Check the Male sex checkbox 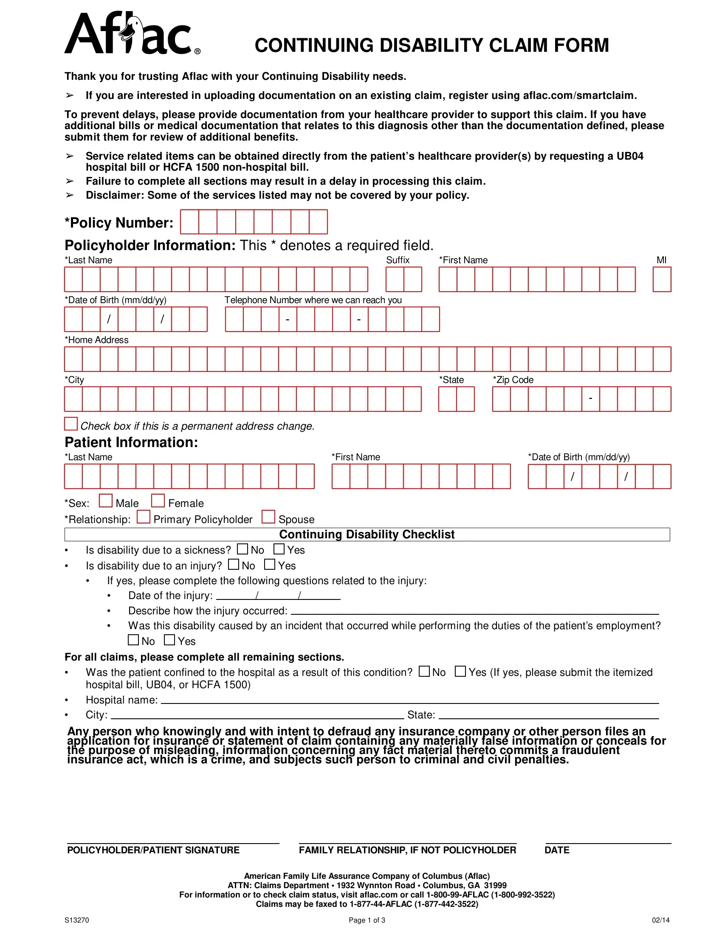[105, 501]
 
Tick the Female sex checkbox [158, 501]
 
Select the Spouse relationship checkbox [268, 517]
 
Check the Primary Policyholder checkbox [143, 517]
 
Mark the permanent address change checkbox [71, 424]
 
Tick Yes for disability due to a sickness [279, 549]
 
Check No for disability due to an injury [233, 565]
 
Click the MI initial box [662, 279]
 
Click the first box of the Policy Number [189, 222]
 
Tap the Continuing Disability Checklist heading [367, 535]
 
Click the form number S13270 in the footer [76, 920]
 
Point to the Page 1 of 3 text [367, 920]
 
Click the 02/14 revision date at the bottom [660, 920]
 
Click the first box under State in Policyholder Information [447, 399]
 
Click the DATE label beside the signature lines [556, 850]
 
